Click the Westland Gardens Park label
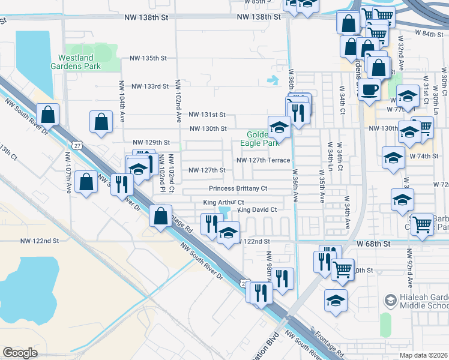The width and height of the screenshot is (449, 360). pyautogui.click(x=79, y=62)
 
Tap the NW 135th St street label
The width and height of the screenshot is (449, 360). pyautogui.click(x=148, y=58)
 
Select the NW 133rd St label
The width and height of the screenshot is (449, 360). pyautogui.click(x=151, y=86)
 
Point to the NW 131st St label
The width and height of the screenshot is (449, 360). pyautogui.click(x=206, y=115)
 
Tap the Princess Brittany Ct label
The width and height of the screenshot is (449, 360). pyautogui.click(x=237, y=188)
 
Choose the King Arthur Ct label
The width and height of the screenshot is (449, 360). pyautogui.click(x=223, y=203)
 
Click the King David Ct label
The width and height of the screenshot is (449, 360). pyautogui.click(x=257, y=209)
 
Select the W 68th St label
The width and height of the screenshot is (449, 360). pyautogui.click(x=373, y=244)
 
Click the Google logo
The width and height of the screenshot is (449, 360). pyautogui.click(x=20, y=353)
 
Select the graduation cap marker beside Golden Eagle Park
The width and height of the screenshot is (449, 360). pyautogui.click(x=279, y=126)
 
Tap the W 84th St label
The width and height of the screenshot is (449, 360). pyautogui.click(x=428, y=34)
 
